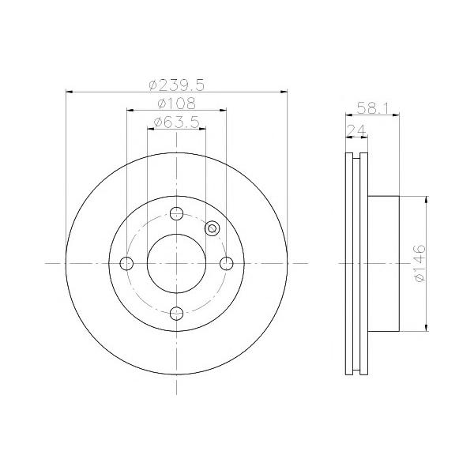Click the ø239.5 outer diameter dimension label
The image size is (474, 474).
(176, 83)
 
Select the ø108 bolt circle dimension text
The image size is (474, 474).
(176, 103)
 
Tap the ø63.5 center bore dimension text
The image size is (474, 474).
(176, 122)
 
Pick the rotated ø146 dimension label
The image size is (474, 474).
(419, 263)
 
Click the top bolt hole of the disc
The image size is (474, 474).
(176, 213)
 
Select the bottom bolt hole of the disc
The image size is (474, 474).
(176, 313)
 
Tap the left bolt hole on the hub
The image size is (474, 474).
(126, 263)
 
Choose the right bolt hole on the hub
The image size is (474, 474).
(226, 263)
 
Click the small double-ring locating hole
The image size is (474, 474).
(211, 228)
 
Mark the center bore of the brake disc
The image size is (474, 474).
(176, 263)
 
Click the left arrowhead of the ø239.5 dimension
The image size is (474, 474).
(70, 91)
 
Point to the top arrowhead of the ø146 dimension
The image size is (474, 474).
(427, 199)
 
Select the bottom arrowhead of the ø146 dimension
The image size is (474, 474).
(427, 326)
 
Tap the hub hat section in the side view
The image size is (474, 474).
(384, 263)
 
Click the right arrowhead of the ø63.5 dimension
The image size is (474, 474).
(202, 130)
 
